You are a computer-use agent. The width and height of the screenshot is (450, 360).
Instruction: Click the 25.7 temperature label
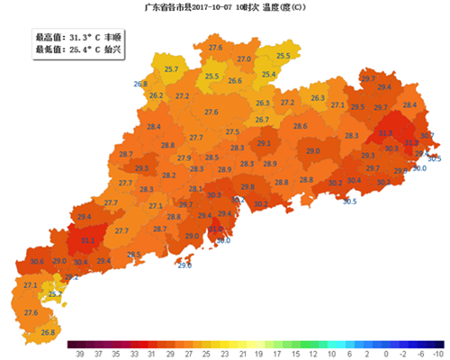point(171,69)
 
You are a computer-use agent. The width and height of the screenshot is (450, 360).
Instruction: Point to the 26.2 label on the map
point(156,95)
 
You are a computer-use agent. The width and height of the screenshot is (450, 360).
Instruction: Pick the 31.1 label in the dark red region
point(88,240)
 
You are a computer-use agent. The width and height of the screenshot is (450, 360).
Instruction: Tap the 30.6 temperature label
point(37,262)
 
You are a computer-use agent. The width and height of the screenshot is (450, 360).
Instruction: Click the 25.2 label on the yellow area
point(55,293)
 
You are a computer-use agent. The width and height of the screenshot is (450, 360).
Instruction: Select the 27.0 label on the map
point(244,58)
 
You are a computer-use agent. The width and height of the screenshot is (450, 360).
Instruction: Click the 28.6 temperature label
point(300,126)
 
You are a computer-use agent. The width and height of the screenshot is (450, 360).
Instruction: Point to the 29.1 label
point(264,143)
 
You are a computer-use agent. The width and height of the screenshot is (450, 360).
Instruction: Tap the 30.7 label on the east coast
point(427,136)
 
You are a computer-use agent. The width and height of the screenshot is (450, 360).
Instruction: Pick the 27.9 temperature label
point(184,157)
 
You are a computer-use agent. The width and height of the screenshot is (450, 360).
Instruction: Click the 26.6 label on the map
point(235,81)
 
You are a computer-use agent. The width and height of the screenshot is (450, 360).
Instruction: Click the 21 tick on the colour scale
point(242,355)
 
